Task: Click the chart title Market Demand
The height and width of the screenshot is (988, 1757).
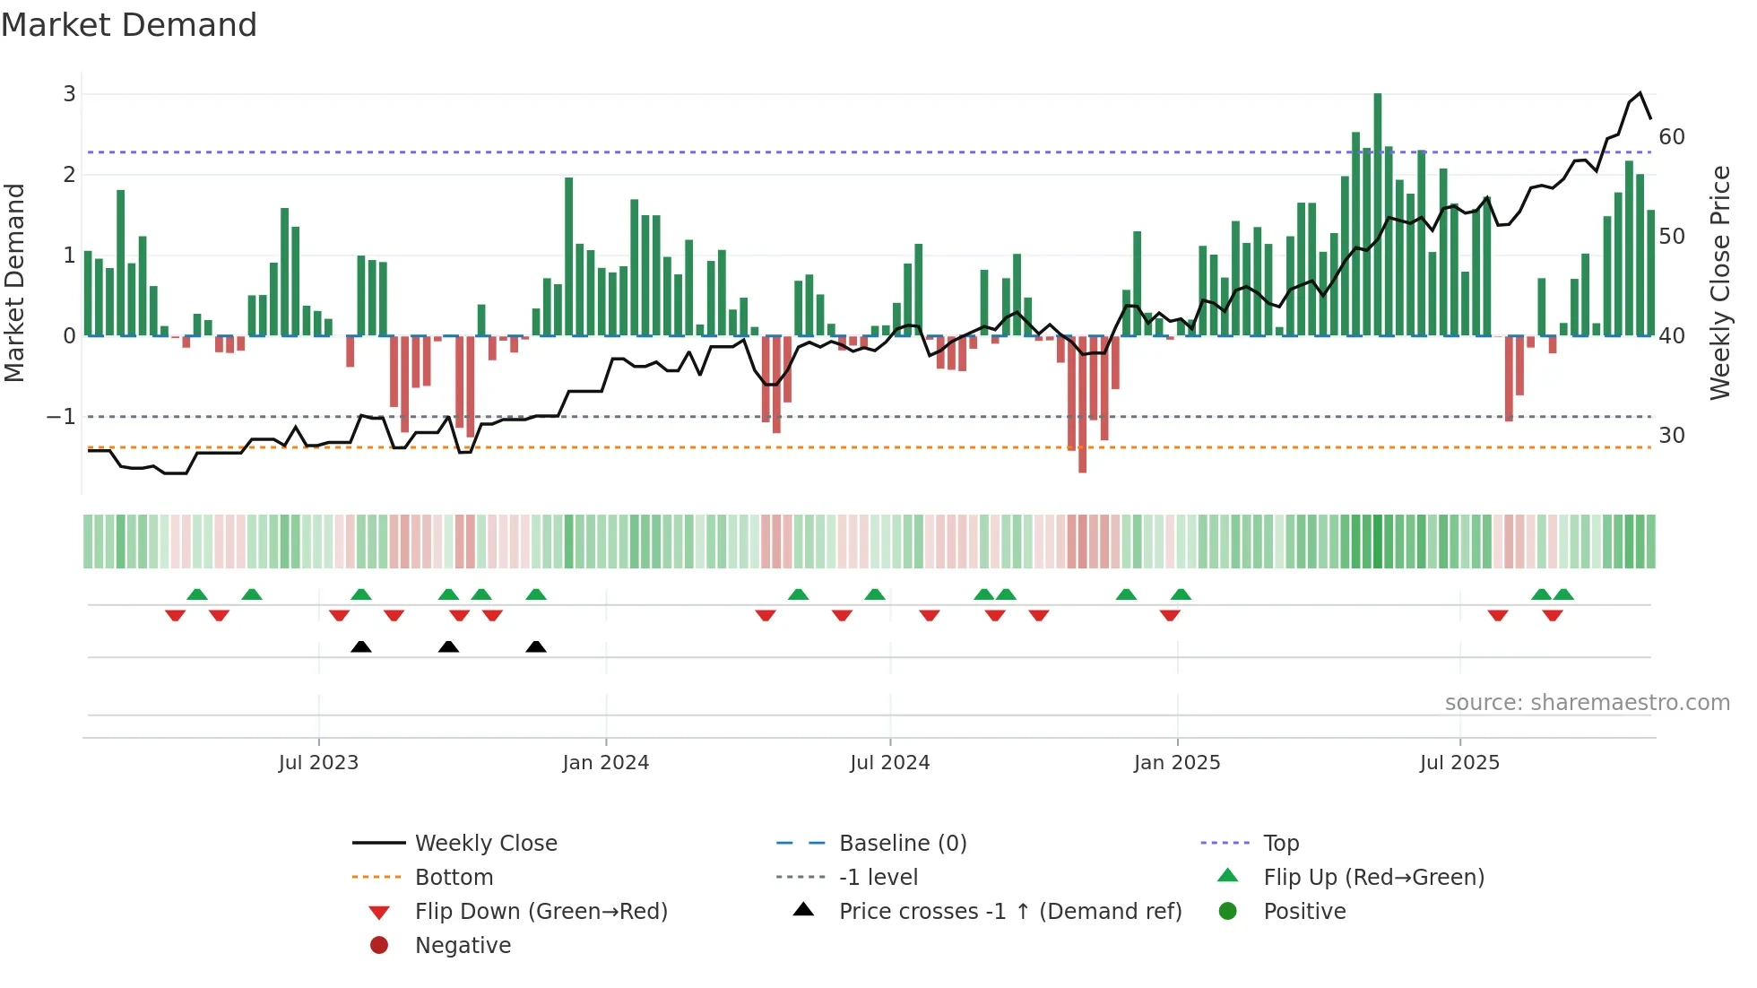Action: click(129, 25)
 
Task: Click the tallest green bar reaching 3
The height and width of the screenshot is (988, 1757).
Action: click(1378, 215)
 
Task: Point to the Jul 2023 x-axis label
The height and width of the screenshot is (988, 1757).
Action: click(318, 763)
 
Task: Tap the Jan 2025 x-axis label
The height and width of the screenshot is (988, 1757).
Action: click(1177, 763)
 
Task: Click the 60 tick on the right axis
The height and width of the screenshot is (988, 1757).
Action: click(1672, 137)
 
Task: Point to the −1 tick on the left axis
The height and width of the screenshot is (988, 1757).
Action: click(61, 417)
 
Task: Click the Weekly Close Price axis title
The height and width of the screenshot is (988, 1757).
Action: click(1719, 282)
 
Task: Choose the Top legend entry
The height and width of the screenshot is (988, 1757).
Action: click(1281, 844)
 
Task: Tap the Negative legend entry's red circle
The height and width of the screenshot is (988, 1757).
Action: click(379, 946)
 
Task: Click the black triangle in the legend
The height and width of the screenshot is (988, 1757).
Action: click(804, 910)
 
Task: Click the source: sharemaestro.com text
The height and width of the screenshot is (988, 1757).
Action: click(1587, 703)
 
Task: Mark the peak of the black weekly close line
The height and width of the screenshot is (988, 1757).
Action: click(1640, 93)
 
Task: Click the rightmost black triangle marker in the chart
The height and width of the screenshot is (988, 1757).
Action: click(536, 647)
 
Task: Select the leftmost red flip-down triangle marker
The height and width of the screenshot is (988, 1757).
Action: click(176, 615)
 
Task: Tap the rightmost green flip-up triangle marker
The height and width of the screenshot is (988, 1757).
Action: click(1563, 594)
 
